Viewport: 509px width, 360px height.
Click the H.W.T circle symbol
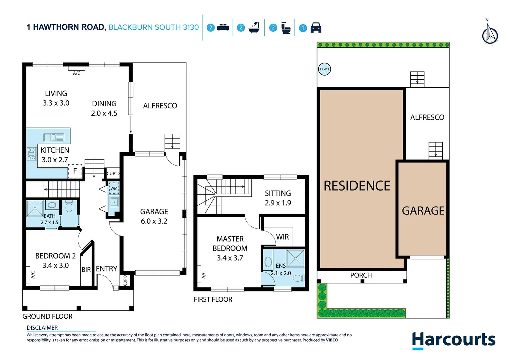tap(324, 69)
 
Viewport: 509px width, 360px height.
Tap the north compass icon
tap(490, 34)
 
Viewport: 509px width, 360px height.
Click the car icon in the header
tap(316, 28)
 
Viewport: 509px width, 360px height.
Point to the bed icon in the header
tap(223, 28)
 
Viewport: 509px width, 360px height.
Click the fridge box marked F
tap(75, 171)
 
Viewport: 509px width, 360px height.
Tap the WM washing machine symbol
tap(114, 188)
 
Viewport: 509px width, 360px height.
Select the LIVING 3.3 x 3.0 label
tap(56, 98)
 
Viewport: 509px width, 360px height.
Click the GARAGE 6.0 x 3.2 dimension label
tap(154, 216)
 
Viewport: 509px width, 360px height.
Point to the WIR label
tap(282, 237)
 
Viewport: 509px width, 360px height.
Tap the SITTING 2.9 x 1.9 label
tap(278, 198)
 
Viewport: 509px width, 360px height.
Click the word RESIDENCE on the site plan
tap(357, 186)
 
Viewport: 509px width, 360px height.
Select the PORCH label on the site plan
tap(361, 275)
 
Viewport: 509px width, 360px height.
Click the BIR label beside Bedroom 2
tap(86, 270)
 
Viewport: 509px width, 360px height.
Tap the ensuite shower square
tap(295, 258)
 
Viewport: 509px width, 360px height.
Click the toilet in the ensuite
tap(299, 278)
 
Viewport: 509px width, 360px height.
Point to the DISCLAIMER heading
tap(42, 328)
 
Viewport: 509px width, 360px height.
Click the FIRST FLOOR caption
tap(213, 299)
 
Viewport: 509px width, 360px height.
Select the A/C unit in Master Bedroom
tap(199, 274)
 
